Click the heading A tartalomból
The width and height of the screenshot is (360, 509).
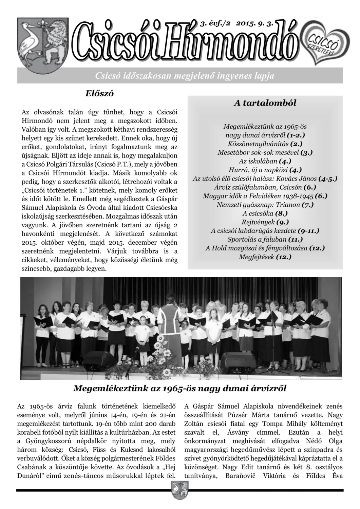point(265,103)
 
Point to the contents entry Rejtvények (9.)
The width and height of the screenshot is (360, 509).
point(265,222)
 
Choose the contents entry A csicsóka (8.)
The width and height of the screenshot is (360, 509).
point(265,213)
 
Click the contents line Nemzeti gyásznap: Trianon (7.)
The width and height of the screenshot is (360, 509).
point(265,205)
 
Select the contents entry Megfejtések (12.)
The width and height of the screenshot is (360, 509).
point(265,257)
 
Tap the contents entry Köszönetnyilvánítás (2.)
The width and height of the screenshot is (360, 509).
point(265,144)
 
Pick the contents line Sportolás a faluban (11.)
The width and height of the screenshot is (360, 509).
point(265,240)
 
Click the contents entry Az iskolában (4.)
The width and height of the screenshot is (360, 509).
point(265,161)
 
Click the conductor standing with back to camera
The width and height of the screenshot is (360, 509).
point(169,322)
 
